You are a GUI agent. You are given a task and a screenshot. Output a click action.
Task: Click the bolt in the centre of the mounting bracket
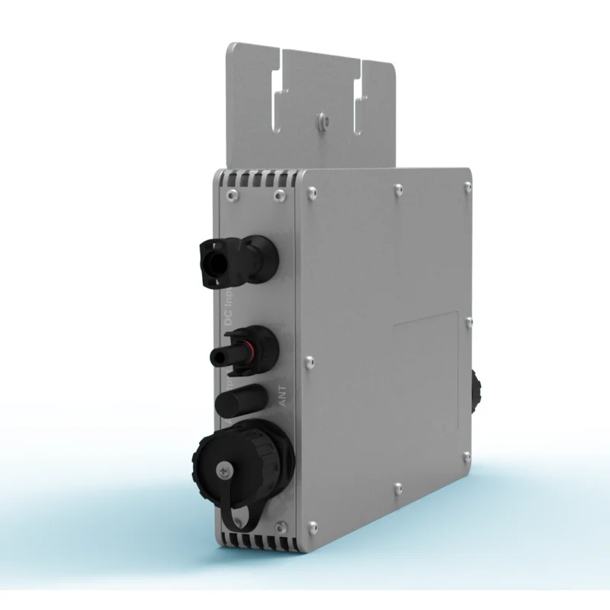coord(323,120)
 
